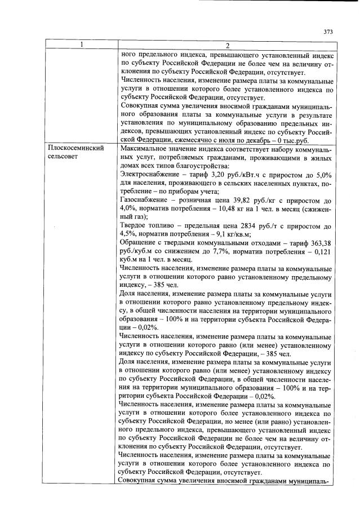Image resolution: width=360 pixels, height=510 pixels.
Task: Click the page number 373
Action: [x=328, y=32]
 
